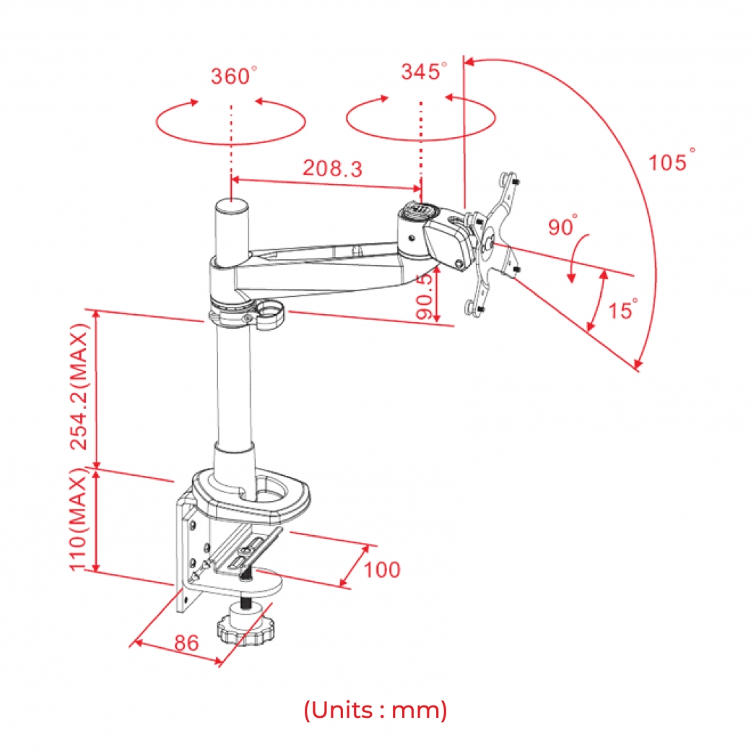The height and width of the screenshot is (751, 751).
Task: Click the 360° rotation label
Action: click(233, 76)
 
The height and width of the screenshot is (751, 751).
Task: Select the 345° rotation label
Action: click(424, 71)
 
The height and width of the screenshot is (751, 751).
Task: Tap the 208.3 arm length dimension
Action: click(332, 168)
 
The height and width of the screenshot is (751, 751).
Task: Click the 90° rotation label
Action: click(563, 225)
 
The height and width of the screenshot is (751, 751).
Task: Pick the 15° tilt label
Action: click(622, 309)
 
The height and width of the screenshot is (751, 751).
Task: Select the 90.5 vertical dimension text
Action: click(425, 297)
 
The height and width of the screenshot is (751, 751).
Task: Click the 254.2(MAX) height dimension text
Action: click(79, 387)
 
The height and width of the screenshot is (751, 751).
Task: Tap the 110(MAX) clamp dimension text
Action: click(79, 519)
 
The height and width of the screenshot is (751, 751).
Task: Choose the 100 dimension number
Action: click(382, 570)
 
